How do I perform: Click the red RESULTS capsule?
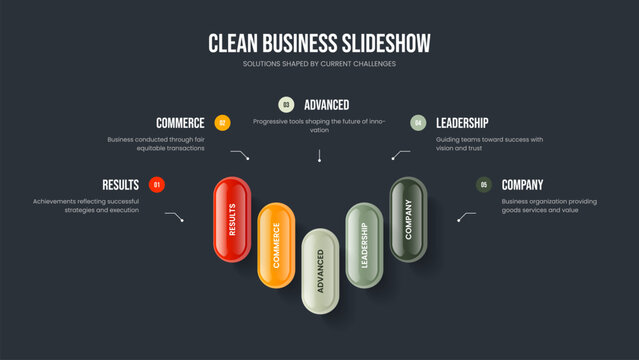pyautogui.click(x=232, y=219)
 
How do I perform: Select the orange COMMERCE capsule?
pyautogui.click(x=276, y=244)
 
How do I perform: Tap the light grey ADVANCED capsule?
pyautogui.click(x=320, y=269)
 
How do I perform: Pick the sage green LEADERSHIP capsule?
pyautogui.click(x=364, y=245)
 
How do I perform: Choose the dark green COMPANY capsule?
pyautogui.click(x=408, y=219)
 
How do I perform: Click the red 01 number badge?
pyautogui.click(x=157, y=185)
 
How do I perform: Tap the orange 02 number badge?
pyautogui.click(x=222, y=123)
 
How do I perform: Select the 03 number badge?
pyautogui.click(x=286, y=104)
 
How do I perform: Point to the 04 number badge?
pyautogui.click(x=418, y=123)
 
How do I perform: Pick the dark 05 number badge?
pyautogui.click(x=484, y=185)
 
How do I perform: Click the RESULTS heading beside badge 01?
pyautogui.click(x=120, y=185)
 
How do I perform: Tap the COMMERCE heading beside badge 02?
pyautogui.click(x=180, y=123)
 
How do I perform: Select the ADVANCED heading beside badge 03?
pyautogui.click(x=326, y=104)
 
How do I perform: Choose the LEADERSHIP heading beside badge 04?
pyautogui.click(x=462, y=123)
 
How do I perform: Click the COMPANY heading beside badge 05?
pyautogui.click(x=522, y=185)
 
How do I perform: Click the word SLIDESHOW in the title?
pyautogui.click(x=377, y=43)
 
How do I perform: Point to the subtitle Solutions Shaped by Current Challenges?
pyautogui.click(x=319, y=64)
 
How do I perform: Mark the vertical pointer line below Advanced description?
pyautogui.click(x=319, y=156)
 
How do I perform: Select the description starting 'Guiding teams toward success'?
pyautogui.click(x=489, y=144)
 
